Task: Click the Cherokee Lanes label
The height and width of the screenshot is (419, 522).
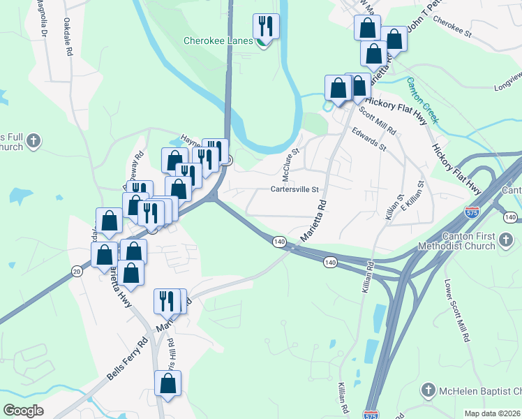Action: tap(217, 41)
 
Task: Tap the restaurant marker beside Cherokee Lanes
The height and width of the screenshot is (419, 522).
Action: tap(266, 27)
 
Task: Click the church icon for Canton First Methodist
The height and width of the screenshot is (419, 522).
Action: tap(507, 242)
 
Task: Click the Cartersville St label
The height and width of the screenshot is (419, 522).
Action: tap(294, 189)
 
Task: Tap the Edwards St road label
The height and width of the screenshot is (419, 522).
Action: tap(368, 139)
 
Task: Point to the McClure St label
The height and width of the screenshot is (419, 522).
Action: tap(290, 162)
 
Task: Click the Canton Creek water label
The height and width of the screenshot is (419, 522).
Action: tap(422, 99)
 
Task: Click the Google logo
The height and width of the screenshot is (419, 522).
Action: tap(23, 411)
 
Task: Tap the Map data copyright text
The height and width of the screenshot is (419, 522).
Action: tap(492, 413)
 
